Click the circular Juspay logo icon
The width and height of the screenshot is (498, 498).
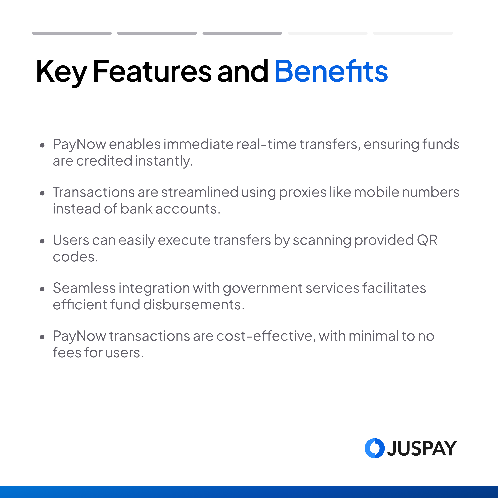[375, 448]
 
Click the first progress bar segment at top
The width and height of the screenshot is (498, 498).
[72, 33]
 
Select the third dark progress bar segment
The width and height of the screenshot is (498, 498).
[242, 33]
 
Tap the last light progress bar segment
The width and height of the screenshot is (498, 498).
[413, 33]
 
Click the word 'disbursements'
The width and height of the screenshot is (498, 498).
[194, 305]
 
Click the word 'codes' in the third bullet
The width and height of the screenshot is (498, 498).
[75, 257]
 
